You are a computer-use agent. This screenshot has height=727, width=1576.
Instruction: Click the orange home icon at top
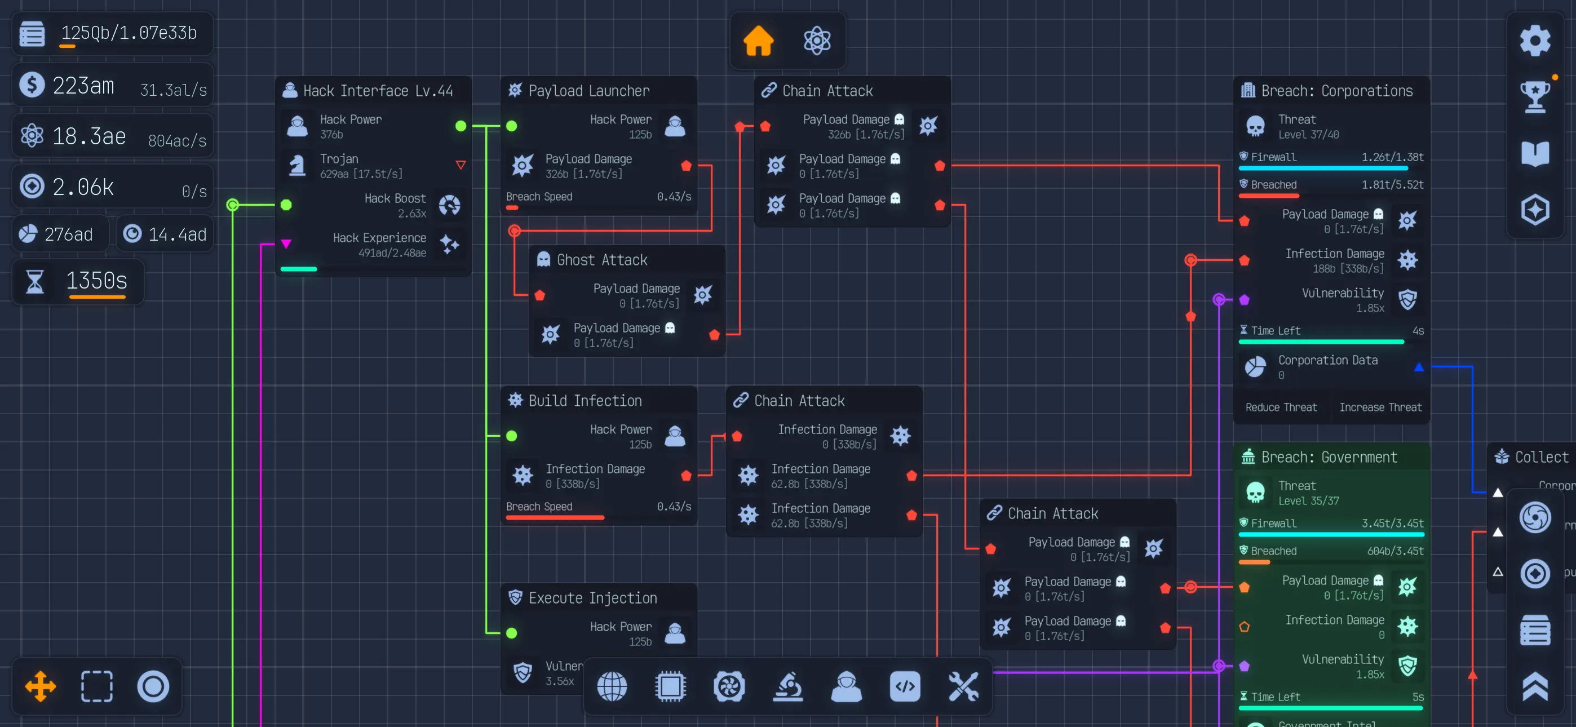pyautogui.click(x=758, y=41)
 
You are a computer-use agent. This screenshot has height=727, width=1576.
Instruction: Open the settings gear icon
pyautogui.click(x=1534, y=41)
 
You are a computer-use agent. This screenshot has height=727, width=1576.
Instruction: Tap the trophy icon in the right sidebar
pyautogui.click(x=1534, y=96)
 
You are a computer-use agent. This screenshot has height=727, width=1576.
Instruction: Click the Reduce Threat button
pyautogui.click(x=1281, y=407)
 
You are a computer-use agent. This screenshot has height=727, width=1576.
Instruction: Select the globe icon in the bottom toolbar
pyautogui.click(x=612, y=686)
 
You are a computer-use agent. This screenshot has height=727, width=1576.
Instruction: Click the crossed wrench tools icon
pyautogui.click(x=963, y=686)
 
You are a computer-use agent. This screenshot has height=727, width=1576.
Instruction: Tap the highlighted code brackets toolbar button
pyautogui.click(x=905, y=686)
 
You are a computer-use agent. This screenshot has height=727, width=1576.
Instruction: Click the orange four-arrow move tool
pyautogui.click(x=41, y=686)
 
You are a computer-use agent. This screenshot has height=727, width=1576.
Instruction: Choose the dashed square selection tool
pyautogui.click(x=96, y=686)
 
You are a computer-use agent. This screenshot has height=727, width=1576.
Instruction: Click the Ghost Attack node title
pyautogui.click(x=601, y=260)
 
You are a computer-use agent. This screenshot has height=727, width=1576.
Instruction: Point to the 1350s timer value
pyautogui.click(x=96, y=281)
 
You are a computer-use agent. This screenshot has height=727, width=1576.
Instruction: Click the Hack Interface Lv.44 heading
pyautogui.click(x=378, y=91)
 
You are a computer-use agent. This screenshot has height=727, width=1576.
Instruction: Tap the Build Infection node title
pyautogui.click(x=585, y=401)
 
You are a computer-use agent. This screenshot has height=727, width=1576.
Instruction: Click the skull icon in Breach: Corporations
pyautogui.click(x=1255, y=126)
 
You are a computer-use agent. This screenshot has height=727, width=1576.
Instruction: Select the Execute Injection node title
pyautogui.click(x=592, y=598)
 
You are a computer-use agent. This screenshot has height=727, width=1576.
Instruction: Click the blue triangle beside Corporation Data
pyautogui.click(x=1419, y=367)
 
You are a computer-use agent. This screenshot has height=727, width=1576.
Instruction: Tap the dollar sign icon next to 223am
pyautogui.click(x=32, y=85)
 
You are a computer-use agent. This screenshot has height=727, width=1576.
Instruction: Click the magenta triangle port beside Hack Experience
pyautogui.click(x=286, y=243)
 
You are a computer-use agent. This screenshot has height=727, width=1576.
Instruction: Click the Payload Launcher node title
pyautogui.click(x=588, y=91)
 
